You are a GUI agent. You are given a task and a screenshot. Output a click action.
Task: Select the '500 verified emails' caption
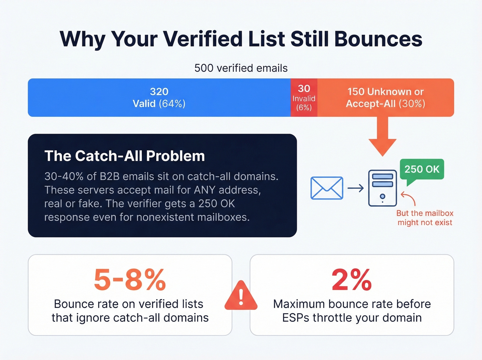(241, 68)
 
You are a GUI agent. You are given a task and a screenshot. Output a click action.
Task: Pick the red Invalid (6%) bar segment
(304, 98)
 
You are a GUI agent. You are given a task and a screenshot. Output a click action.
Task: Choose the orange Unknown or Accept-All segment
(385, 97)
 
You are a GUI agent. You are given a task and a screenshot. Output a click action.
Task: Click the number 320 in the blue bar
(159, 92)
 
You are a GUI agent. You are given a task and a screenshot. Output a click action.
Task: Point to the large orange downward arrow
(383, 136)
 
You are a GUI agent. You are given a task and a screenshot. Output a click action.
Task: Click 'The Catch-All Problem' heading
(125, 156)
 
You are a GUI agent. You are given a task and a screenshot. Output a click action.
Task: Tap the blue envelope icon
(327, 188)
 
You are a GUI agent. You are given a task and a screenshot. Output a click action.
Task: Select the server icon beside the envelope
(382, 188)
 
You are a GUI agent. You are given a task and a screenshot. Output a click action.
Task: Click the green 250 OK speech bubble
(422, 169)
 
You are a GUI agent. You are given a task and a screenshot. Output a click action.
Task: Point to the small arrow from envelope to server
(356, 188)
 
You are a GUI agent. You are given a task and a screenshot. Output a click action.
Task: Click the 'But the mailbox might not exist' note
(425, 218)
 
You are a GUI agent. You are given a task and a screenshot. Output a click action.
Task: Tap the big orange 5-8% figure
(130, 280)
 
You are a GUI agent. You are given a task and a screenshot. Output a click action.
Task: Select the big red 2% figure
(352, 280)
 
